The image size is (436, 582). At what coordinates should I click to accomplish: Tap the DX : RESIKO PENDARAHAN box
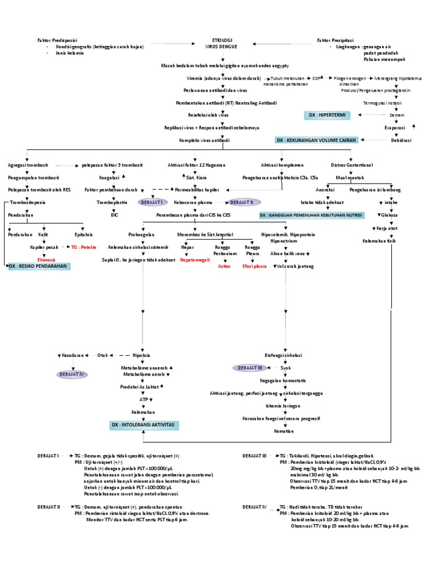point(39,266)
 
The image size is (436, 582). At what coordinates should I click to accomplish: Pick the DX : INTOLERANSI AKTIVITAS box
point(144,425)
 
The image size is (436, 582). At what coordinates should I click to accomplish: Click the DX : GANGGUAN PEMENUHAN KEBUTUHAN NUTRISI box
point(304,216)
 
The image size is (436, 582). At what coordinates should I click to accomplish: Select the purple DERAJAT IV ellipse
point(72,374)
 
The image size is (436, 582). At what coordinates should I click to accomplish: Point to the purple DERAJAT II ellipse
point(244,202)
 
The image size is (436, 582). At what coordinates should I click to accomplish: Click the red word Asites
point(224,266)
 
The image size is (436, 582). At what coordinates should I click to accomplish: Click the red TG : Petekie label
point(84,247)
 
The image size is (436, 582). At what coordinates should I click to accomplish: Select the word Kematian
point(283,431)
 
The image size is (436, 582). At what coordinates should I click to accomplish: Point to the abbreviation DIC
point(114,215)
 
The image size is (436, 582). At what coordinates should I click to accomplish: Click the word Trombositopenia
point(27,202)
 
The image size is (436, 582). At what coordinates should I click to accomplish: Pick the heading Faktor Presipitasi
point(335,40)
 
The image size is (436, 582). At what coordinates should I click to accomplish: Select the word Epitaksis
point(83,234)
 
